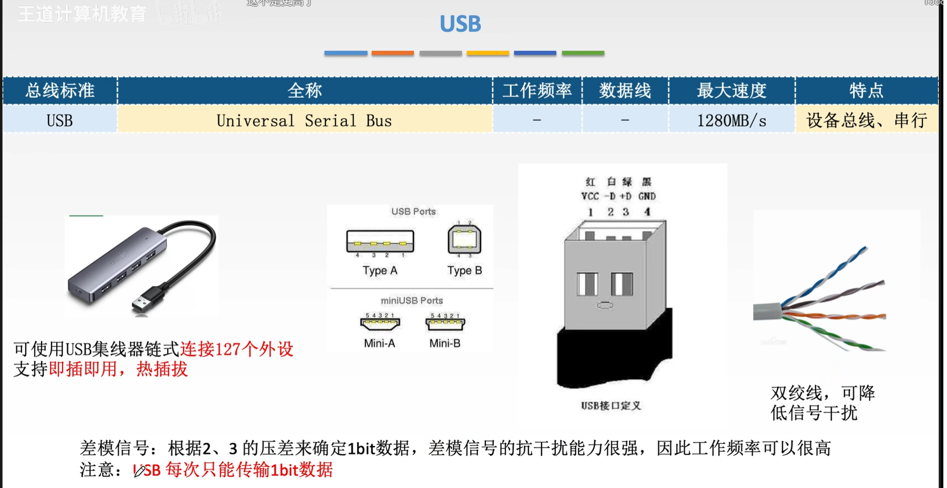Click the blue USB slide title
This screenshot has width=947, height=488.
460,24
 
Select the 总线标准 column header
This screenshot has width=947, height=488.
60,90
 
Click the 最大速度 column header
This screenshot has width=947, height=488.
731,90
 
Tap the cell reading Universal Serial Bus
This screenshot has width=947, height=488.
304,121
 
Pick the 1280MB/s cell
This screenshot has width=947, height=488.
731,121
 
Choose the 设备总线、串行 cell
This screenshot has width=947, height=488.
866,121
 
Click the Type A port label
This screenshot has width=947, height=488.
380,271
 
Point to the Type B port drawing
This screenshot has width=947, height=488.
464,240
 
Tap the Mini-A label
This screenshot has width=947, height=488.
379,344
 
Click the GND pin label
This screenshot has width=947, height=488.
647,196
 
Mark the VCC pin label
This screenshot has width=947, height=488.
590,196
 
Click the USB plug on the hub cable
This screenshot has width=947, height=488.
144,300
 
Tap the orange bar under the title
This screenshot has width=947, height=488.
392,53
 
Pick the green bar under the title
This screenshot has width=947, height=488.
583,53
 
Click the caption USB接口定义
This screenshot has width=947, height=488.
611,406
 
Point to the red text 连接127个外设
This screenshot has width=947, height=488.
236,349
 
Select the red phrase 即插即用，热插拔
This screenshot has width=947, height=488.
118,369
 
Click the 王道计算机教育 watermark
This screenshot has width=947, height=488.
81,14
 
